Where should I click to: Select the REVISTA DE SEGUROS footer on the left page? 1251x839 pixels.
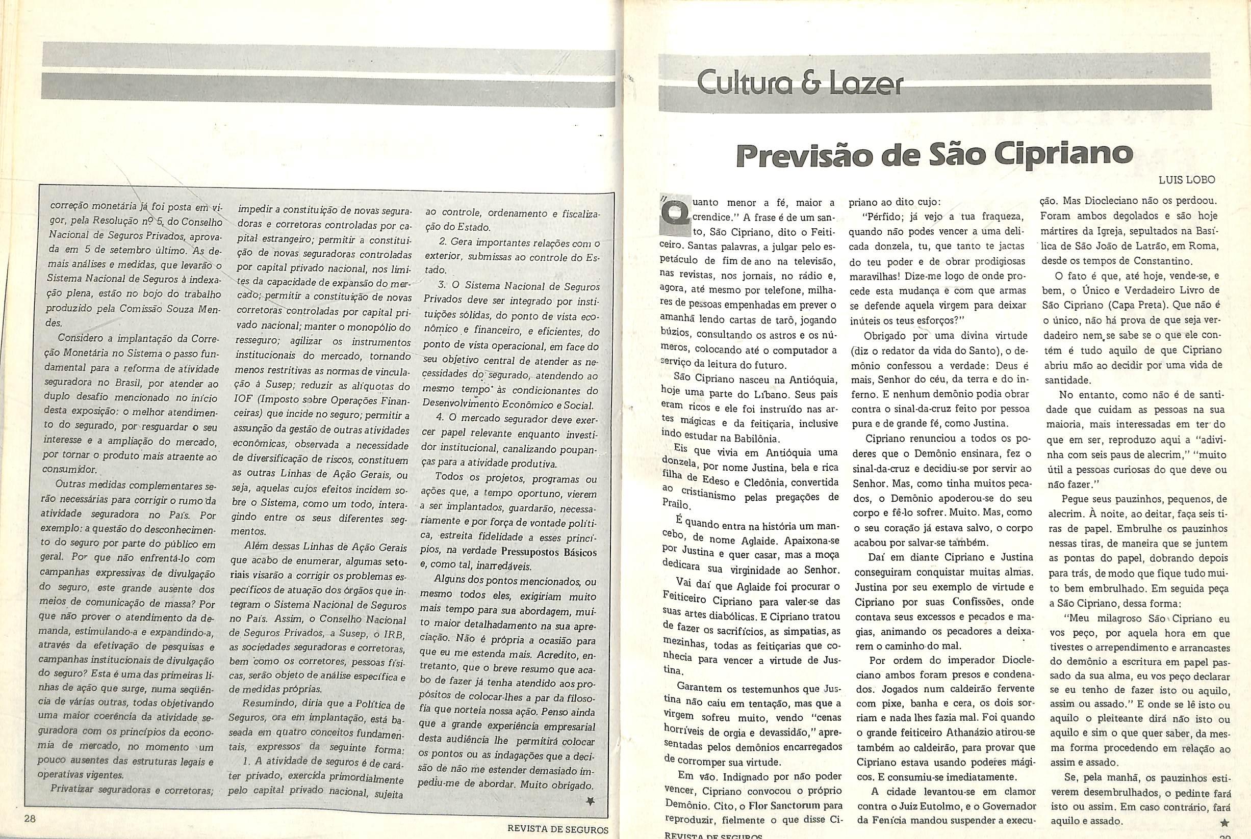pyautogui.click(x=557, y=830)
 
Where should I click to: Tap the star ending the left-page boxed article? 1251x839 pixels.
pyautogui.click(x=590, y=801)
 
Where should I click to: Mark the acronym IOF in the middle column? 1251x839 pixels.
pyautogui.click(x=243, y=400)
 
